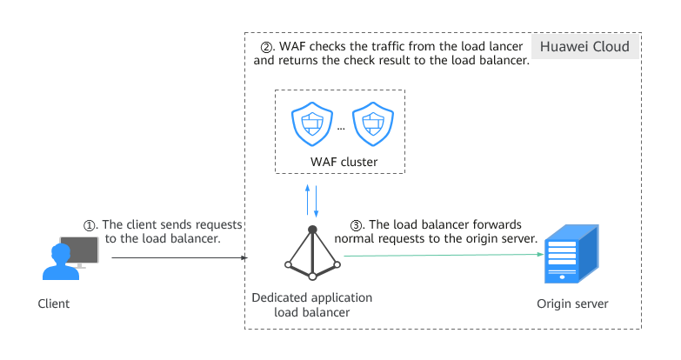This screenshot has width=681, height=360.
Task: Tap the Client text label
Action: [x=54, y=304]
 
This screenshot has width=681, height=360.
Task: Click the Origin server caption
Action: [x=572, y=304]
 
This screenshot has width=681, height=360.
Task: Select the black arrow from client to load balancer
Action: [x=178, y=257]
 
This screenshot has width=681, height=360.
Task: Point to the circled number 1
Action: [x=89, y=224]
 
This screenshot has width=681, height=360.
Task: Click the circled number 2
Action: [x=266, y=46]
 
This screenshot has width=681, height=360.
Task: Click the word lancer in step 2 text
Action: [x=505, y=46]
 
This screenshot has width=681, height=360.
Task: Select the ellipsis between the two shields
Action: [x=340, y=127]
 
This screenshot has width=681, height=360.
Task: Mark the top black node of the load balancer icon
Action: [x=311, y=228]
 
